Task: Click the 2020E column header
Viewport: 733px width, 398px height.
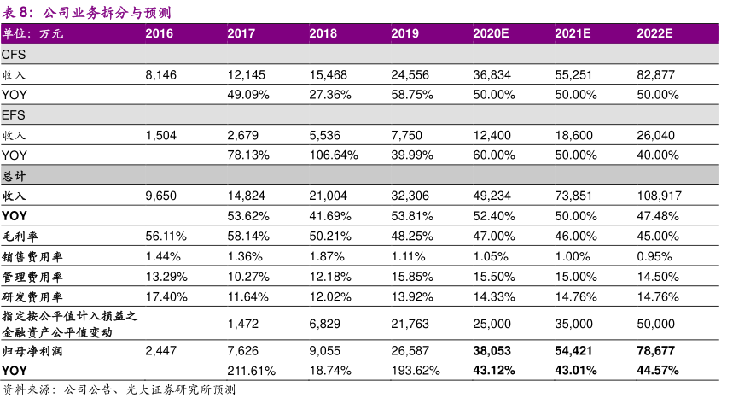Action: click(x=491, y=34)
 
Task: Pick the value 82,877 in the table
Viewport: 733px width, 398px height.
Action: click(x=655, y=75)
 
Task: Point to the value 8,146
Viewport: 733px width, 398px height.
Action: click(x=161, y=75)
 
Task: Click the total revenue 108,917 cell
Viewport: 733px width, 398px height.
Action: click(x=659, y=196)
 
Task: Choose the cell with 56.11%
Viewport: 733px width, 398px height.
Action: click(x=165, y=236)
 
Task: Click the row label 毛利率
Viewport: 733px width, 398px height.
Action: click(x=20, y=236)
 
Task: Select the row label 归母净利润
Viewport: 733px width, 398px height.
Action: click(x=32, y=351)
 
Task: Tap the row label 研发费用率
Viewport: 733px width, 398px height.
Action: click(x=32, y=296)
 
